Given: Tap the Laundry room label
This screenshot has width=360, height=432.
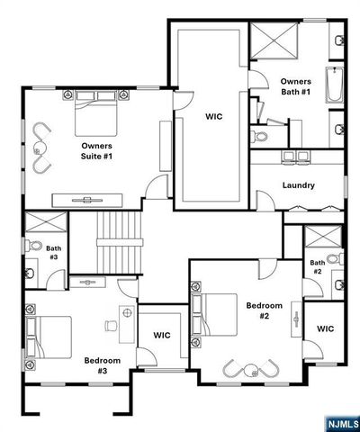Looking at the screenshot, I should pos(298,185).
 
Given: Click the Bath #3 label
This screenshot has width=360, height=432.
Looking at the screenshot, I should pos(53,253).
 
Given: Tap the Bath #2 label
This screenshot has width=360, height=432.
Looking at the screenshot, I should pos(318,266).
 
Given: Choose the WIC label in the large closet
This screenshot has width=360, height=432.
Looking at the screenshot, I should pos(213,116).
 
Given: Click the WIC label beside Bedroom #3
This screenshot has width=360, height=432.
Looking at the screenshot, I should pos(162,335).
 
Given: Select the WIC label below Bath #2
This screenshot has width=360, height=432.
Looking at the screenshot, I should pos(325,328).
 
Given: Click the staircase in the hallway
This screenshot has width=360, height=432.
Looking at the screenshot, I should pos(120,239).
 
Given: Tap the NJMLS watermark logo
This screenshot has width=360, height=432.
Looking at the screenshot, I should pos(340,421).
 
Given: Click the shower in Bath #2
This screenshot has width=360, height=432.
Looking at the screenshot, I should pos(320,238).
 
